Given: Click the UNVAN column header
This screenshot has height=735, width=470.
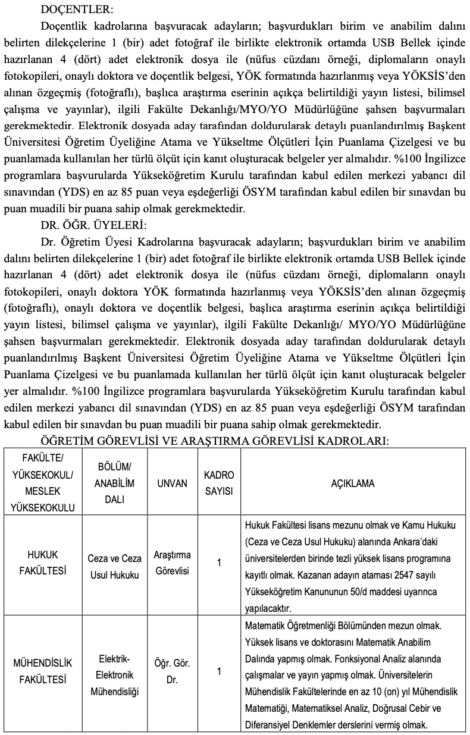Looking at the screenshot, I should click(172, 483).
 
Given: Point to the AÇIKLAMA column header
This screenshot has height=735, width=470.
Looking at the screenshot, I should click(353, 483).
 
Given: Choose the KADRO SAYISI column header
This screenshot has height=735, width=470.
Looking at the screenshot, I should click(219, 483).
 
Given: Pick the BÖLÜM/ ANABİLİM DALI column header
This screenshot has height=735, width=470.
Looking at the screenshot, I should click(114, 483).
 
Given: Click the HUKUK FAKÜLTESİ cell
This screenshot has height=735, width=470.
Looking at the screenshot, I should click(43, 563).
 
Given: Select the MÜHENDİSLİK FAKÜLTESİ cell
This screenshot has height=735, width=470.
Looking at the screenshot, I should click(43, 671).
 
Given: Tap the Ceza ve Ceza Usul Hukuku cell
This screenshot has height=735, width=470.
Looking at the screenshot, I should click(114, 567).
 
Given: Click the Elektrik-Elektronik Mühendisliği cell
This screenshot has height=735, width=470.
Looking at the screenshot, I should click(114, 675).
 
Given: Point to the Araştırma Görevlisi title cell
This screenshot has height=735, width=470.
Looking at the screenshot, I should click(172, 563).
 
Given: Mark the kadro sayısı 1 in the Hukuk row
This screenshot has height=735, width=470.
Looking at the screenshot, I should click(219, 563).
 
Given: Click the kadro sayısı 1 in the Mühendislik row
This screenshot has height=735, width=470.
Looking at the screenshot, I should click(219, 671).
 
